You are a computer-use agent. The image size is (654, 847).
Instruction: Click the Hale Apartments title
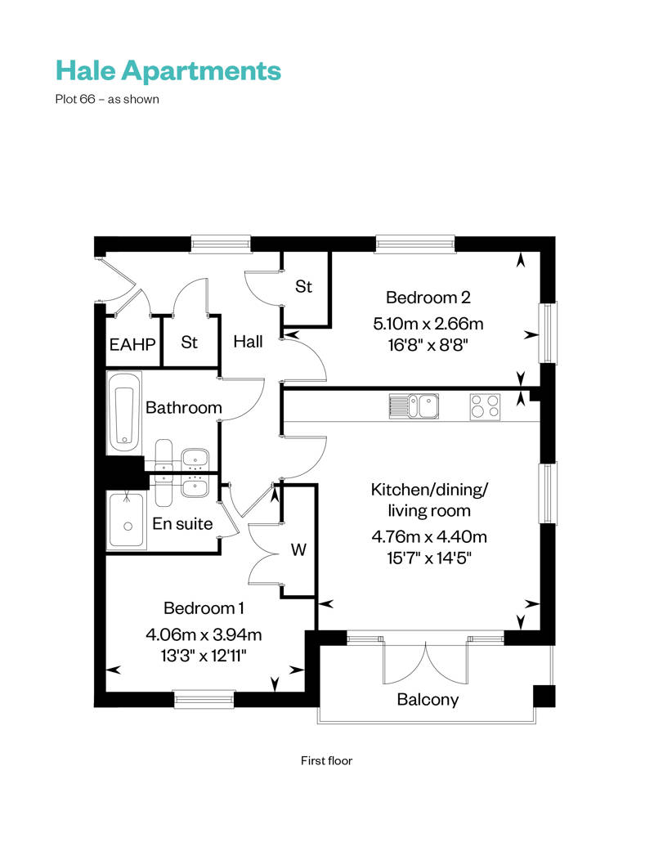tap(168, 71)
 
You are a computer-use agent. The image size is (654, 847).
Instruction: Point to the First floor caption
tap(326, 760)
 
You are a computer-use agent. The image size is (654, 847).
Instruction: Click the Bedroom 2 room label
tap(428, 298)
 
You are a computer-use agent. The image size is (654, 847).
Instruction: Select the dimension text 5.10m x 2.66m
tap(428, 323)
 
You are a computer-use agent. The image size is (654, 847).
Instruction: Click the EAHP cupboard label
tap(132, 343)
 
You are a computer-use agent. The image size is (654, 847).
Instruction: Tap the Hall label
tap(248, 341)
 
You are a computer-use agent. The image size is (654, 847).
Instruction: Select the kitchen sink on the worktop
tap(414, 406)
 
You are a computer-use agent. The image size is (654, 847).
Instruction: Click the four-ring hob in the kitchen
tap(485, 406)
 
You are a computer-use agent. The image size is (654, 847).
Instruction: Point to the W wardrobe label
tap(299, 550)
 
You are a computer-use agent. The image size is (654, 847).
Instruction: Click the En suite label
tap(183, 523)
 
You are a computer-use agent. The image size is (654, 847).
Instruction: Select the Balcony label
tap(428, 700)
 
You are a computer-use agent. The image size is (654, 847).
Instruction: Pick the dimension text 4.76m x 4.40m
tap(429, 537)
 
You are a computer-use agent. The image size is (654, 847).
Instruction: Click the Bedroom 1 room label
tap(204, 608)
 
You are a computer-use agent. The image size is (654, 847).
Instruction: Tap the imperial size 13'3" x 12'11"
tap(204, 655)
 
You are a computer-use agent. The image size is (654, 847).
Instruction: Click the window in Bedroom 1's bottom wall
tap(204, 698)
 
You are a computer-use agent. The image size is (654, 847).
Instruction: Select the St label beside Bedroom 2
tap(304, 287)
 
